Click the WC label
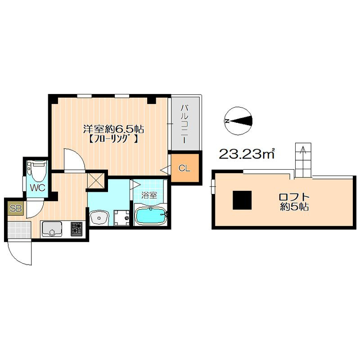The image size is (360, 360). [x=38, y=188]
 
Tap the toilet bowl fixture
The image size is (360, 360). [x=37, y=171]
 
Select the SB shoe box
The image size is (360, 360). [x=16, y=208]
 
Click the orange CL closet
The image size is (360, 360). [x=184, y=168]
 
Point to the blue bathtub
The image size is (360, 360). [x=150, y=216]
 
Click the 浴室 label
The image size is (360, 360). [x=149, y=196]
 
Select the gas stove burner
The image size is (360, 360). [x=76, y=229]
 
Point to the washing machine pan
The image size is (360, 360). [x=121, y=218]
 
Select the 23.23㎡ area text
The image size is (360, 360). [x=247, y=154]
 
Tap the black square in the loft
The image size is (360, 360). [x=242, y=200]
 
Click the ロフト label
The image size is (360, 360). [x=294, y=197]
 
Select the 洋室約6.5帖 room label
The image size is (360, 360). [x=113, y=129]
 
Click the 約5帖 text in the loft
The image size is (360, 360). [x=294, y=207]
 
